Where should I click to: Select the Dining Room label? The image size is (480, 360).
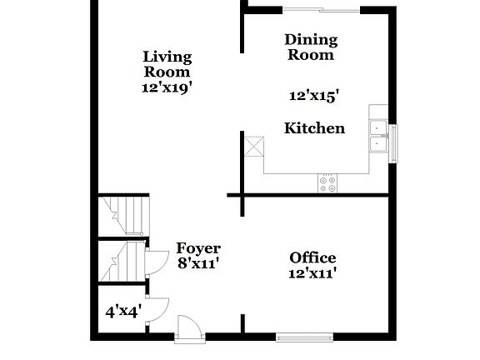(x=311, y=47)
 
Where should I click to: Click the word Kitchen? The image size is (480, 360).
(x=314, y=128)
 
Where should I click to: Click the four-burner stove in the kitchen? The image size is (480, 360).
(x=327, y=183)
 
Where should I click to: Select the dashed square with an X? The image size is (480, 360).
(x=252, y=147)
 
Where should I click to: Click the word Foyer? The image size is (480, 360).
(x=198, y=248)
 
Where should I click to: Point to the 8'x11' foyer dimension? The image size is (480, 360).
(x=198, y=264)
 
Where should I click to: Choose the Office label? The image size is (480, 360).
(x=312, y=257)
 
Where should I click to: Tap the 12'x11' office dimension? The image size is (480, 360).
(x=312, y=272)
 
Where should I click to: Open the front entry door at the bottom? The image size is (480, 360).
(x=189, y=327)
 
